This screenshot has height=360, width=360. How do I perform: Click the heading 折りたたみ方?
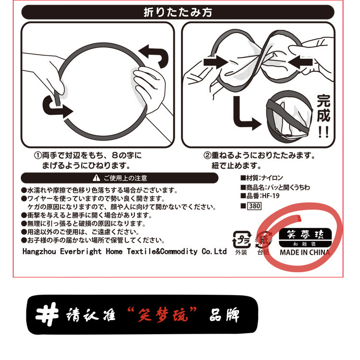(178, 12)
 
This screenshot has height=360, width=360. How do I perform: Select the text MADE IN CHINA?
(305, 252)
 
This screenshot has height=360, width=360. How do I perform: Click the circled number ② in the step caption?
(207, 156)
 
